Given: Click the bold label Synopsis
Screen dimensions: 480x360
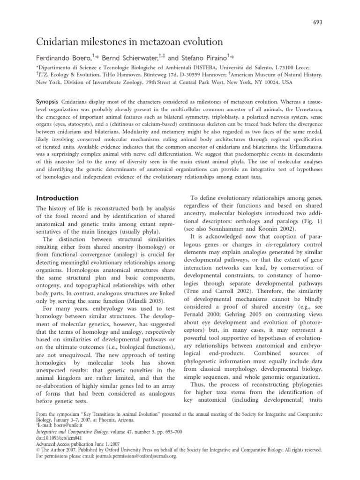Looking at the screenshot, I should pyautogui.click(x=49, y=101).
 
